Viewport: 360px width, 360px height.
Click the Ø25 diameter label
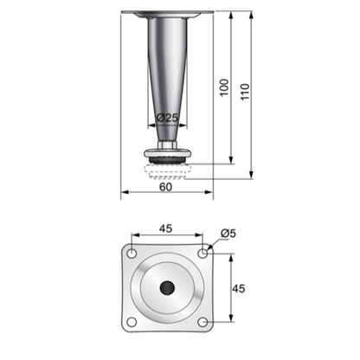166,117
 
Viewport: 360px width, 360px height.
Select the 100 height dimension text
224,87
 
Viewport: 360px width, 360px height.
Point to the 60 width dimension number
165,185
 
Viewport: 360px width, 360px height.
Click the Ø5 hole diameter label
228,233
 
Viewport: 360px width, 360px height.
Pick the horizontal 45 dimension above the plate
166,230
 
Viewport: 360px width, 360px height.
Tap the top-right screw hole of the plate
202,253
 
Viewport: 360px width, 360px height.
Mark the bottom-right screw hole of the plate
202,323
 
